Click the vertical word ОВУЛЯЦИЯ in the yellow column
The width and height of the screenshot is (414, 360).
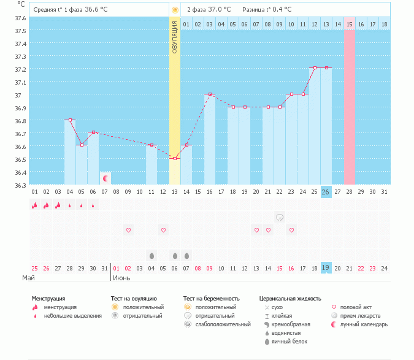[175, 37]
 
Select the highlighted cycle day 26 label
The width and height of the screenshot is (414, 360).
[326, 192]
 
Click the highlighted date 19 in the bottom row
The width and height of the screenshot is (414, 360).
[326, 268]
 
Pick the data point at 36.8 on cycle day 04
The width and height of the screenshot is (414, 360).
[70, 120]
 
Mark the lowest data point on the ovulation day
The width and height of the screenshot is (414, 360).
[175, 159]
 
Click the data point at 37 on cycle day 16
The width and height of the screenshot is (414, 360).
[210, 94]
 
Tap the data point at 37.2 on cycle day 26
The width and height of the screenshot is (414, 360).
[326, 67]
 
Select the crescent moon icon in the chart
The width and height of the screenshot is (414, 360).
[105, 178]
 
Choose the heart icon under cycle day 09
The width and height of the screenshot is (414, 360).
[128, 230]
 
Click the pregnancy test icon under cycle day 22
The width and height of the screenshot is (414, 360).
[279, 217]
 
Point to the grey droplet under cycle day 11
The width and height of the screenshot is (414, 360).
[151, 255]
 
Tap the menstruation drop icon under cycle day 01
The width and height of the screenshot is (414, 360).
[35, 205]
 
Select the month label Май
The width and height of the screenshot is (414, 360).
[28, 278]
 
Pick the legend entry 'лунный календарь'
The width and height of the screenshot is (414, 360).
[364, 324]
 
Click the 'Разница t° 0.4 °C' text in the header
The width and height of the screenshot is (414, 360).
[267, 10]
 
